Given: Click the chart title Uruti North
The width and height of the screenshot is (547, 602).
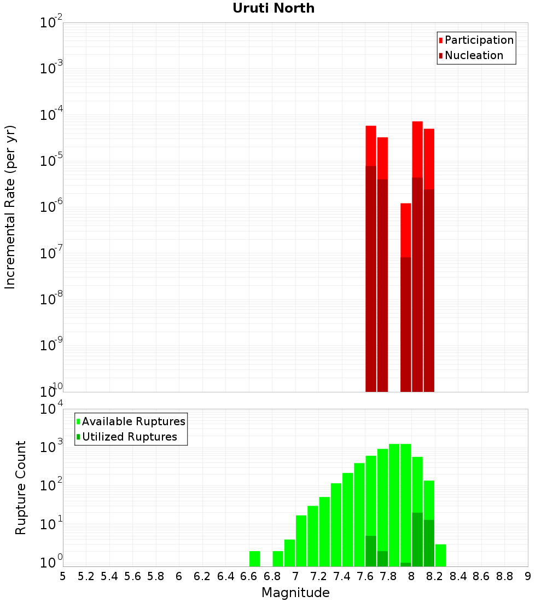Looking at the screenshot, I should point(273,8).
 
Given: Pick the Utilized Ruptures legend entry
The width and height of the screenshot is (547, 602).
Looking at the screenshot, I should point(129,437).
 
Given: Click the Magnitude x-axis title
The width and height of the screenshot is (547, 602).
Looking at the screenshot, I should point(295,593).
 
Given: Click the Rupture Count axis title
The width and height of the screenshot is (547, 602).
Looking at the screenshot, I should point(21,488).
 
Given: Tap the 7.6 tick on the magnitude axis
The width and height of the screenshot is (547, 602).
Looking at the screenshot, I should point(365,576).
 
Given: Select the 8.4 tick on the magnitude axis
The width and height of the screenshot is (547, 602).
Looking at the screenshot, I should point(458,576).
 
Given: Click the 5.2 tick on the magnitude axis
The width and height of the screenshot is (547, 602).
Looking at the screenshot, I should point(86,576).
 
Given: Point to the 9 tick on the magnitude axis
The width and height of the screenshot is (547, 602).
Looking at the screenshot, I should point(528,576).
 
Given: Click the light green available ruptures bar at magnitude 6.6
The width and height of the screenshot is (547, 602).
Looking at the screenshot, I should point(255,559).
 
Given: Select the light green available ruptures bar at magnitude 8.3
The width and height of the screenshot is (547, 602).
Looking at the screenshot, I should point(441,555).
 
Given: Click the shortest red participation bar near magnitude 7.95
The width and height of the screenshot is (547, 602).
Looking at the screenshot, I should point(406,230).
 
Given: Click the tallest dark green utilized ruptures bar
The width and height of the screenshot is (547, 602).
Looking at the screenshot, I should point(417,539).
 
